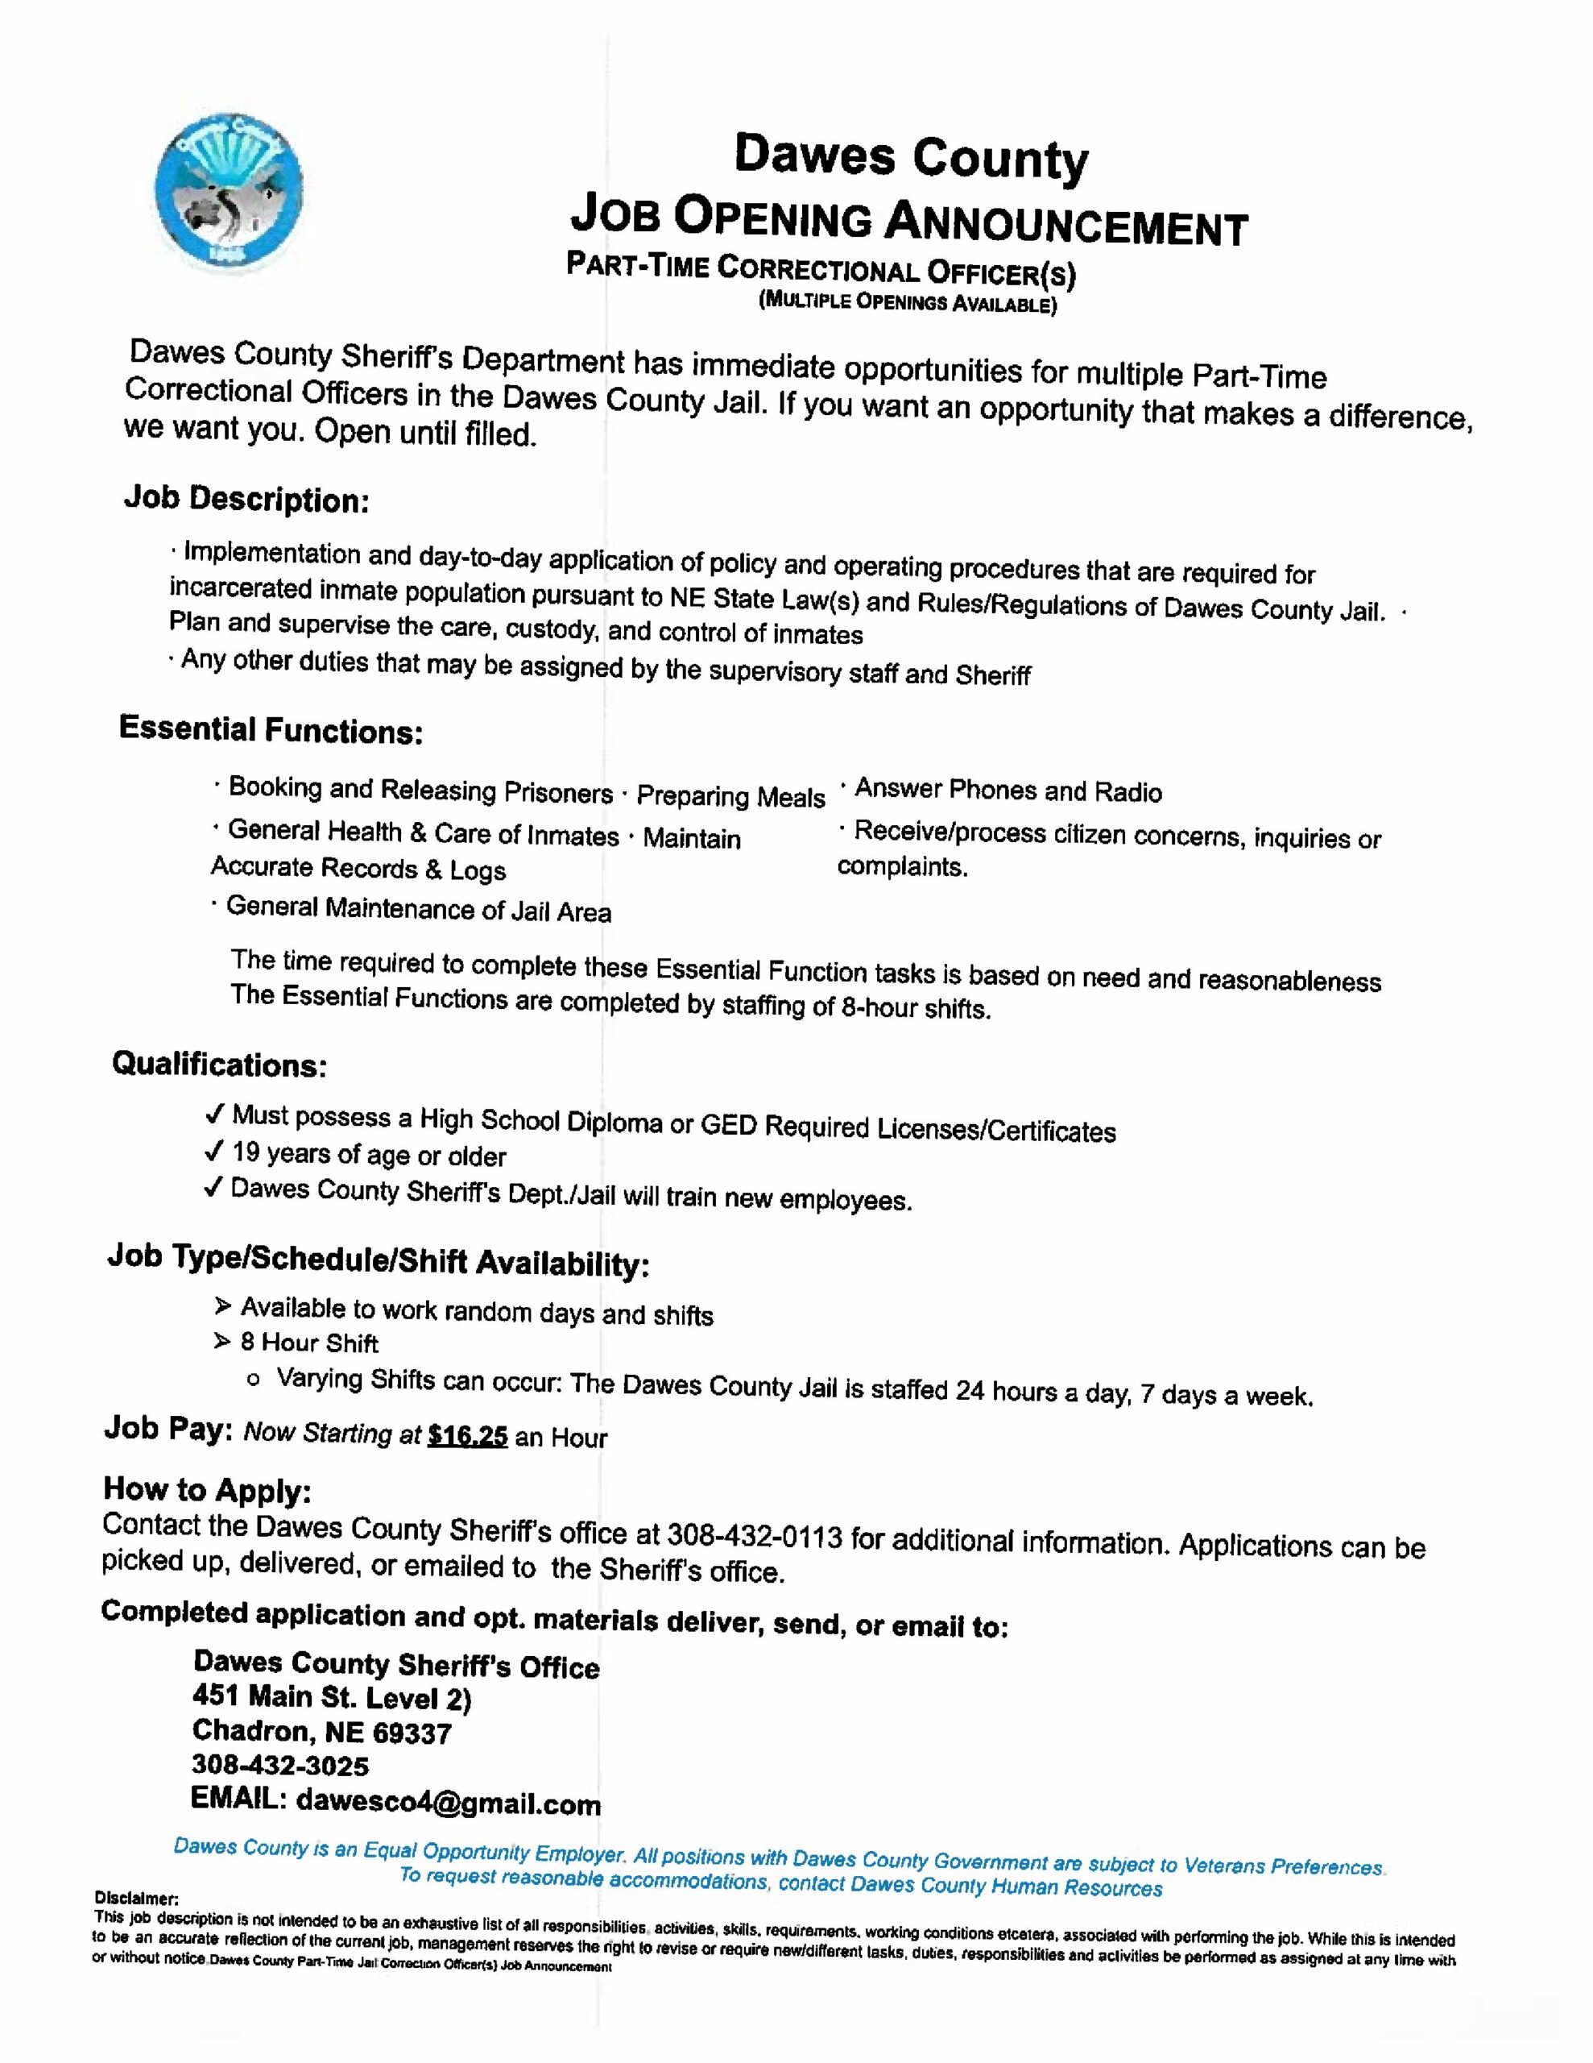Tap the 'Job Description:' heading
coord(246,499)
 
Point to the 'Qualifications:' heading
coord(219,1065)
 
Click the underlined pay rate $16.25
coord(467,1437)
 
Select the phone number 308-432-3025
coord(279,1765)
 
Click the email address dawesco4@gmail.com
coord(448,1804)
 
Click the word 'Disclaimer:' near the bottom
coord(136,1898)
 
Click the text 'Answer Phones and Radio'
coord(1007,791)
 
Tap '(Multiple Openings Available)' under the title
coord(908,303)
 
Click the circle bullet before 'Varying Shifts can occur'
coord(253,1380)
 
